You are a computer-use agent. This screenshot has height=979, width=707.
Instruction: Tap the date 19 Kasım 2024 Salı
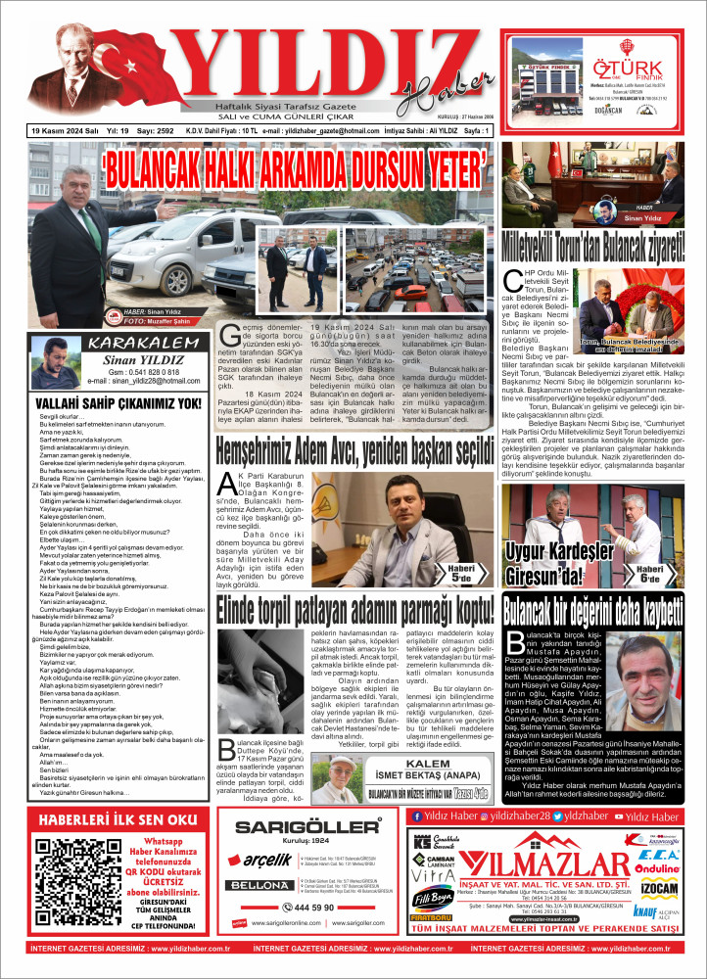click(x=58, y=130)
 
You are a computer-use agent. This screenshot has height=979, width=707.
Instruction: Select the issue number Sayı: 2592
click(x=155, y=130)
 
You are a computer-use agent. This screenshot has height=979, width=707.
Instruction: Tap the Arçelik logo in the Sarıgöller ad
click(x=266, y=862)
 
